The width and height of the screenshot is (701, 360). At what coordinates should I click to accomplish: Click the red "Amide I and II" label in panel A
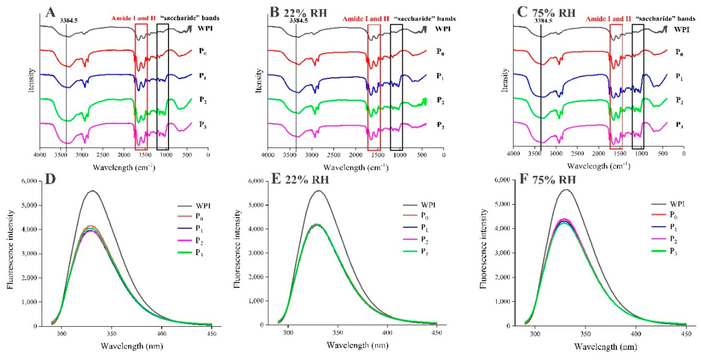point(133,19)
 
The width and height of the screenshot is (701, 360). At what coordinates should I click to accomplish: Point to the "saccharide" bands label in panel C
point(665,19)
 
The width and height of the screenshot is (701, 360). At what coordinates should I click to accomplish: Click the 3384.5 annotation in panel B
point(299,21)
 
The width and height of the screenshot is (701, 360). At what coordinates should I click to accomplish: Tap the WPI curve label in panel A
point(205,28)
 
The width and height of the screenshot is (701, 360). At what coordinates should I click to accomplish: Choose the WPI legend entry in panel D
point(203,206)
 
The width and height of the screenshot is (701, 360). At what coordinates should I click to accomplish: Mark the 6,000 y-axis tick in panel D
point(29,181)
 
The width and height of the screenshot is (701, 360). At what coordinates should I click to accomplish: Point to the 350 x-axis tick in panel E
point(338,332)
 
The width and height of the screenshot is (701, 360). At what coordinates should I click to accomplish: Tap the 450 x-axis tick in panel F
point(686,334)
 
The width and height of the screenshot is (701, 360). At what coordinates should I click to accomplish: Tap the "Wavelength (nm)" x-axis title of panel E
point(357,345)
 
